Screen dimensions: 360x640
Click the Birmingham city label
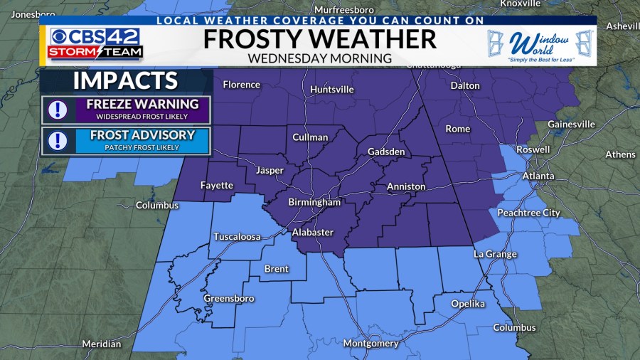[x=314, y=202]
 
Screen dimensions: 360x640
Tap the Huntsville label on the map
[x=331, y=90]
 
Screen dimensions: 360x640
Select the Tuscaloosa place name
[x=237, y=237]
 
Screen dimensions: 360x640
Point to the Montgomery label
[x=370, y=344]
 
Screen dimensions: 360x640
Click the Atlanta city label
[x=538, y=176]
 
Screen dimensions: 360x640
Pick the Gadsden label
[x=386, y=152]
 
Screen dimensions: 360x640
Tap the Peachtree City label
[x=528, y=213]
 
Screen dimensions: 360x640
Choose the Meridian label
[x=101, y=344]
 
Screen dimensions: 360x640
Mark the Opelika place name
[x=467, y=304]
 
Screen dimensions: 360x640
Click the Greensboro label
[x=228, y=299]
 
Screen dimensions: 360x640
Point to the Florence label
[x=241, y=85]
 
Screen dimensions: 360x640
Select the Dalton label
[x=465, y=86]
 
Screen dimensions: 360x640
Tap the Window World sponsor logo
[x=540, y=46]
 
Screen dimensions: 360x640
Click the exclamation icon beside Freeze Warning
[x=57, y=110]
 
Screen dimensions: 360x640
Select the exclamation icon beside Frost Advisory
[x=57, y=141]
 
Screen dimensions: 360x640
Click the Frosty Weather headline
[x=319, y=39]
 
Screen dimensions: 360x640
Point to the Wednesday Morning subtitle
[x=319, y=58]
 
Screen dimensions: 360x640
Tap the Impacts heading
[x=125, y=80]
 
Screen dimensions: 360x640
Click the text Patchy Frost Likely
[x=142, y=147]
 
